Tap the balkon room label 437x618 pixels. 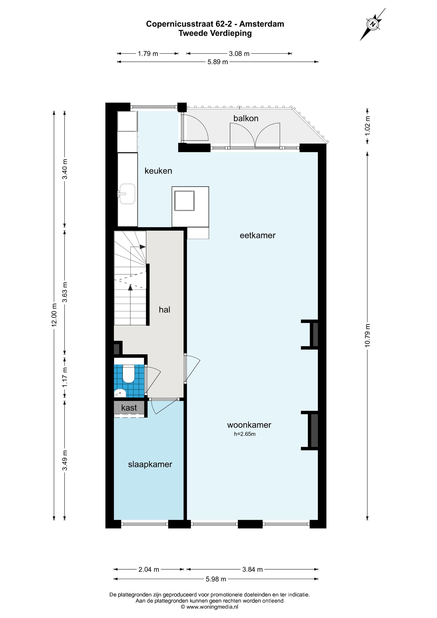[246, 118]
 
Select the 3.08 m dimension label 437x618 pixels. [239, 54]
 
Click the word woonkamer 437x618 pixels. [249, 425]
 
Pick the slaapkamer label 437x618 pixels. [150, 464]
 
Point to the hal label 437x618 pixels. [164, 310]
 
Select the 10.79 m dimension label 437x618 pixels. [368, 335]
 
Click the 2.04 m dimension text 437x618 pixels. [149, 569]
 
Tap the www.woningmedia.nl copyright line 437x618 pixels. [209, 607]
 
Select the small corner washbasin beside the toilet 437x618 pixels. [120, 393]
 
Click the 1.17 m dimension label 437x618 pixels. [65, 378]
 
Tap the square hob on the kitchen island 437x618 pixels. [185, 201]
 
